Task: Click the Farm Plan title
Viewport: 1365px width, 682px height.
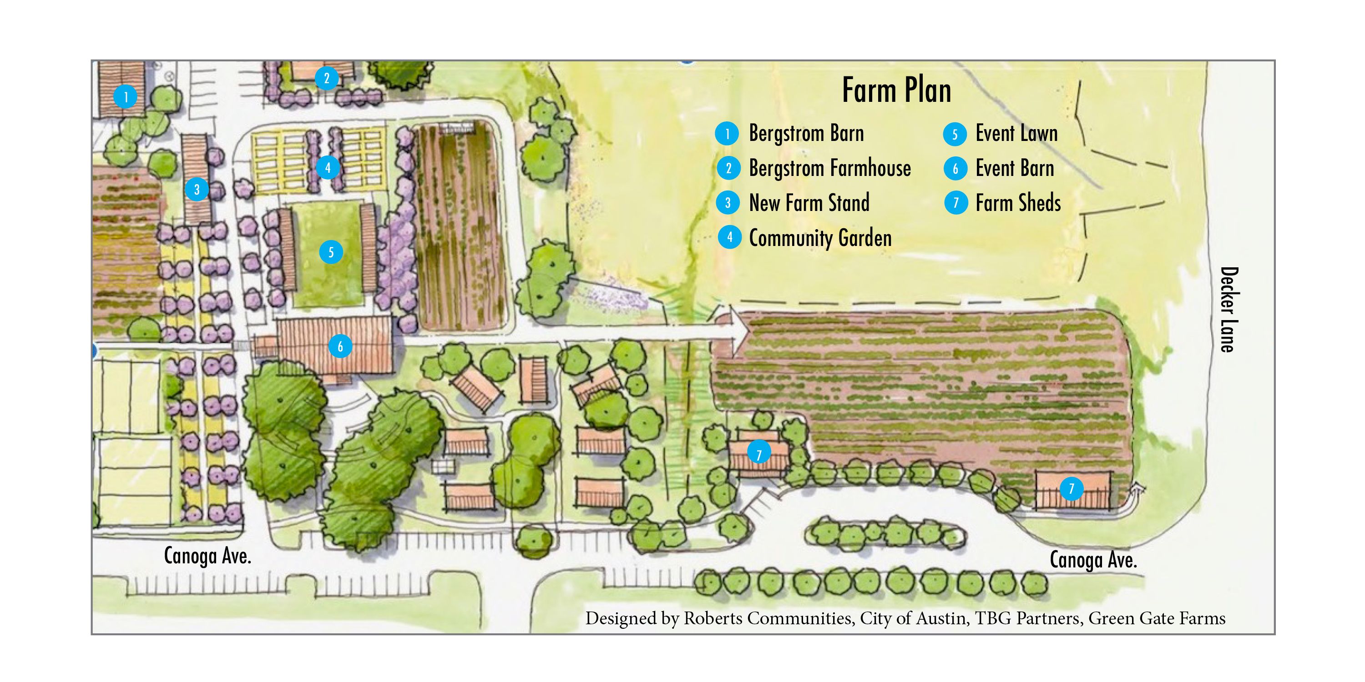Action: pos(896,90)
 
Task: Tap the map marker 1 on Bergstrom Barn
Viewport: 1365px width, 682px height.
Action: pos(126,97)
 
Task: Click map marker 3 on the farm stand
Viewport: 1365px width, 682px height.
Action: pos(197,189)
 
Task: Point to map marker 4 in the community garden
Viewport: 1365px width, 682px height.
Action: pos(328,168)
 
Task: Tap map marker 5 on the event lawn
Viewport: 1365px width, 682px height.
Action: pos(331,252)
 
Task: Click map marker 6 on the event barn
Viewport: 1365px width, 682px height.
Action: pos(340,346)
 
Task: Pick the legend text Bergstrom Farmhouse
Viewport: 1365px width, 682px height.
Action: pos(830,168)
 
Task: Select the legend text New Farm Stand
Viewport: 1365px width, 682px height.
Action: pos(809,203)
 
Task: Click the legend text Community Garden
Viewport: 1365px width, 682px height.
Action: pos(820,238)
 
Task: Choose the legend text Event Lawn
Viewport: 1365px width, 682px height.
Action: pos(1016,133)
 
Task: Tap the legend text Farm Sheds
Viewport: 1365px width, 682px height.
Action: pos(1018,203)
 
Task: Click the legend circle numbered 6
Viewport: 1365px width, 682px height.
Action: pos(955,168)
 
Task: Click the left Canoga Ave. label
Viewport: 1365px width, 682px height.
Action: pos(207,556)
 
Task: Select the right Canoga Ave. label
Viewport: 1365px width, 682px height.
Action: pos(1093,560)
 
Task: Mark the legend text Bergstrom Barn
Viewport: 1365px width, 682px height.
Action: pos(806,133)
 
